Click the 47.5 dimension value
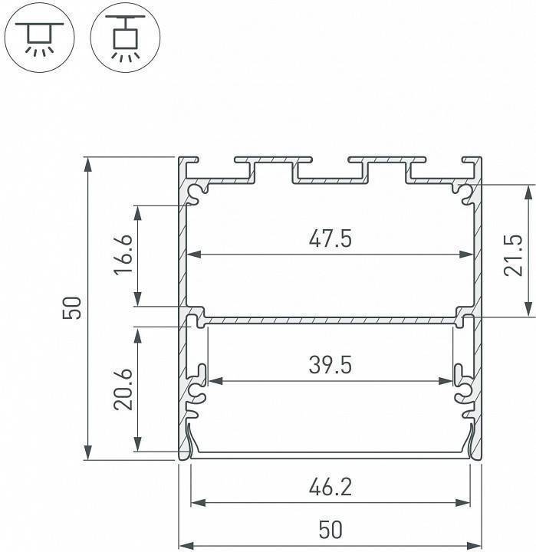(330, 240)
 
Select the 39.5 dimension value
(330, 366)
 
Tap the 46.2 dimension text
(330, 487)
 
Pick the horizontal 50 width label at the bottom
(330, 530)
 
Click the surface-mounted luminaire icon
(35, 34)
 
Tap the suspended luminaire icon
(120, 34)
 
